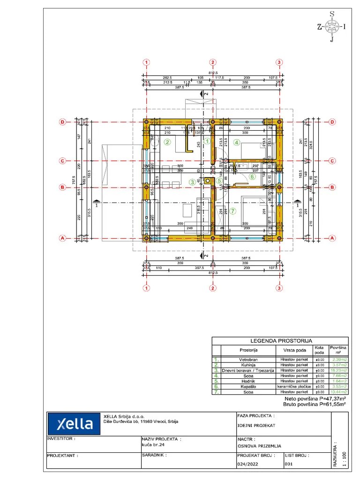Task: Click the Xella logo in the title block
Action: coord(75,424)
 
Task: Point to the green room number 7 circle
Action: coord(233,210)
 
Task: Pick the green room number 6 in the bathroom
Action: coord(252,177)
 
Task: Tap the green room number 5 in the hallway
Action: coord(219,181)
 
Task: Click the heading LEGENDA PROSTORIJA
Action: coord(280,341)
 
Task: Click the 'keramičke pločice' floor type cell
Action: coord(294,387)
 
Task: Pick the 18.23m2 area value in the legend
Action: coord(338,370)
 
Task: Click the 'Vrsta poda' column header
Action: coord(294,350)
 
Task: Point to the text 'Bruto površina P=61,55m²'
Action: coord(315,404)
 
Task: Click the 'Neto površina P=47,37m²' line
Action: coord(315,398)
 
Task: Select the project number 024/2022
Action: coord(247,464)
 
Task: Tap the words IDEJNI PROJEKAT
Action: coord(256,426)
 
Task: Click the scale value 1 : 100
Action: coord(345,458)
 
